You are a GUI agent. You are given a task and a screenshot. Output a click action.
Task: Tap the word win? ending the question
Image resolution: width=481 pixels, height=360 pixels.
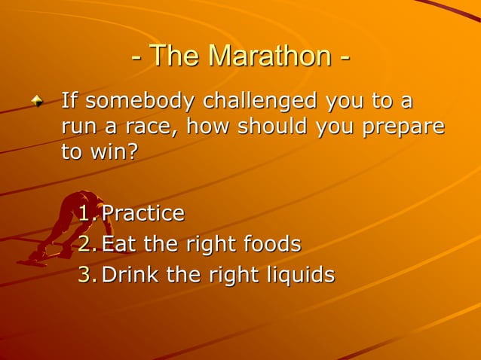[114, 152]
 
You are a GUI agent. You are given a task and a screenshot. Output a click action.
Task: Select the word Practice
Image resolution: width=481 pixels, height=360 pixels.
[143, 214]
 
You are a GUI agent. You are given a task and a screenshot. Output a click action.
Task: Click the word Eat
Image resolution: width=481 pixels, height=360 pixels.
[118, 244]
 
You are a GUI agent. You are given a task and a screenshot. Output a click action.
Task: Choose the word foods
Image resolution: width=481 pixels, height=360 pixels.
[272, 244]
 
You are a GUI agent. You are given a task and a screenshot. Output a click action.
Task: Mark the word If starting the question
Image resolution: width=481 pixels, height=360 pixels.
[69, 100]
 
